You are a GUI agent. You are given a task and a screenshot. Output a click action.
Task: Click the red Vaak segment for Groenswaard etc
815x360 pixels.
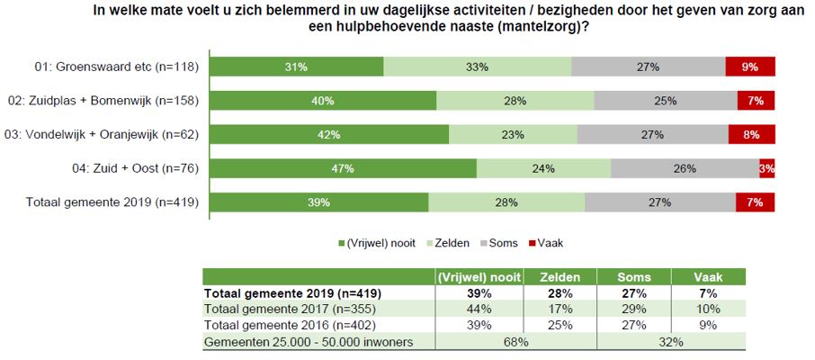[750, 67]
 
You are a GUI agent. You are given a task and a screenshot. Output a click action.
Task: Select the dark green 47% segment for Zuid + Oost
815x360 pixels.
[345, 168]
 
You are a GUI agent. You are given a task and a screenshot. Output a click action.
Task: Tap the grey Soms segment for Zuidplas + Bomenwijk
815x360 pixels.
[666, 101]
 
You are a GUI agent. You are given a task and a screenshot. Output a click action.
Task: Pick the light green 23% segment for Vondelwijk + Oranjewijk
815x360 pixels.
[513, 135]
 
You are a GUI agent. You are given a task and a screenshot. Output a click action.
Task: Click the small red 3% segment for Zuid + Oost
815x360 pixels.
[767, 168]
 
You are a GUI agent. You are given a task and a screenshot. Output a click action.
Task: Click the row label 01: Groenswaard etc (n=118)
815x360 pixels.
[116, 67]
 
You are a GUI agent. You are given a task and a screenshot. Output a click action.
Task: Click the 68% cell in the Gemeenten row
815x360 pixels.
[515, 342]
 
